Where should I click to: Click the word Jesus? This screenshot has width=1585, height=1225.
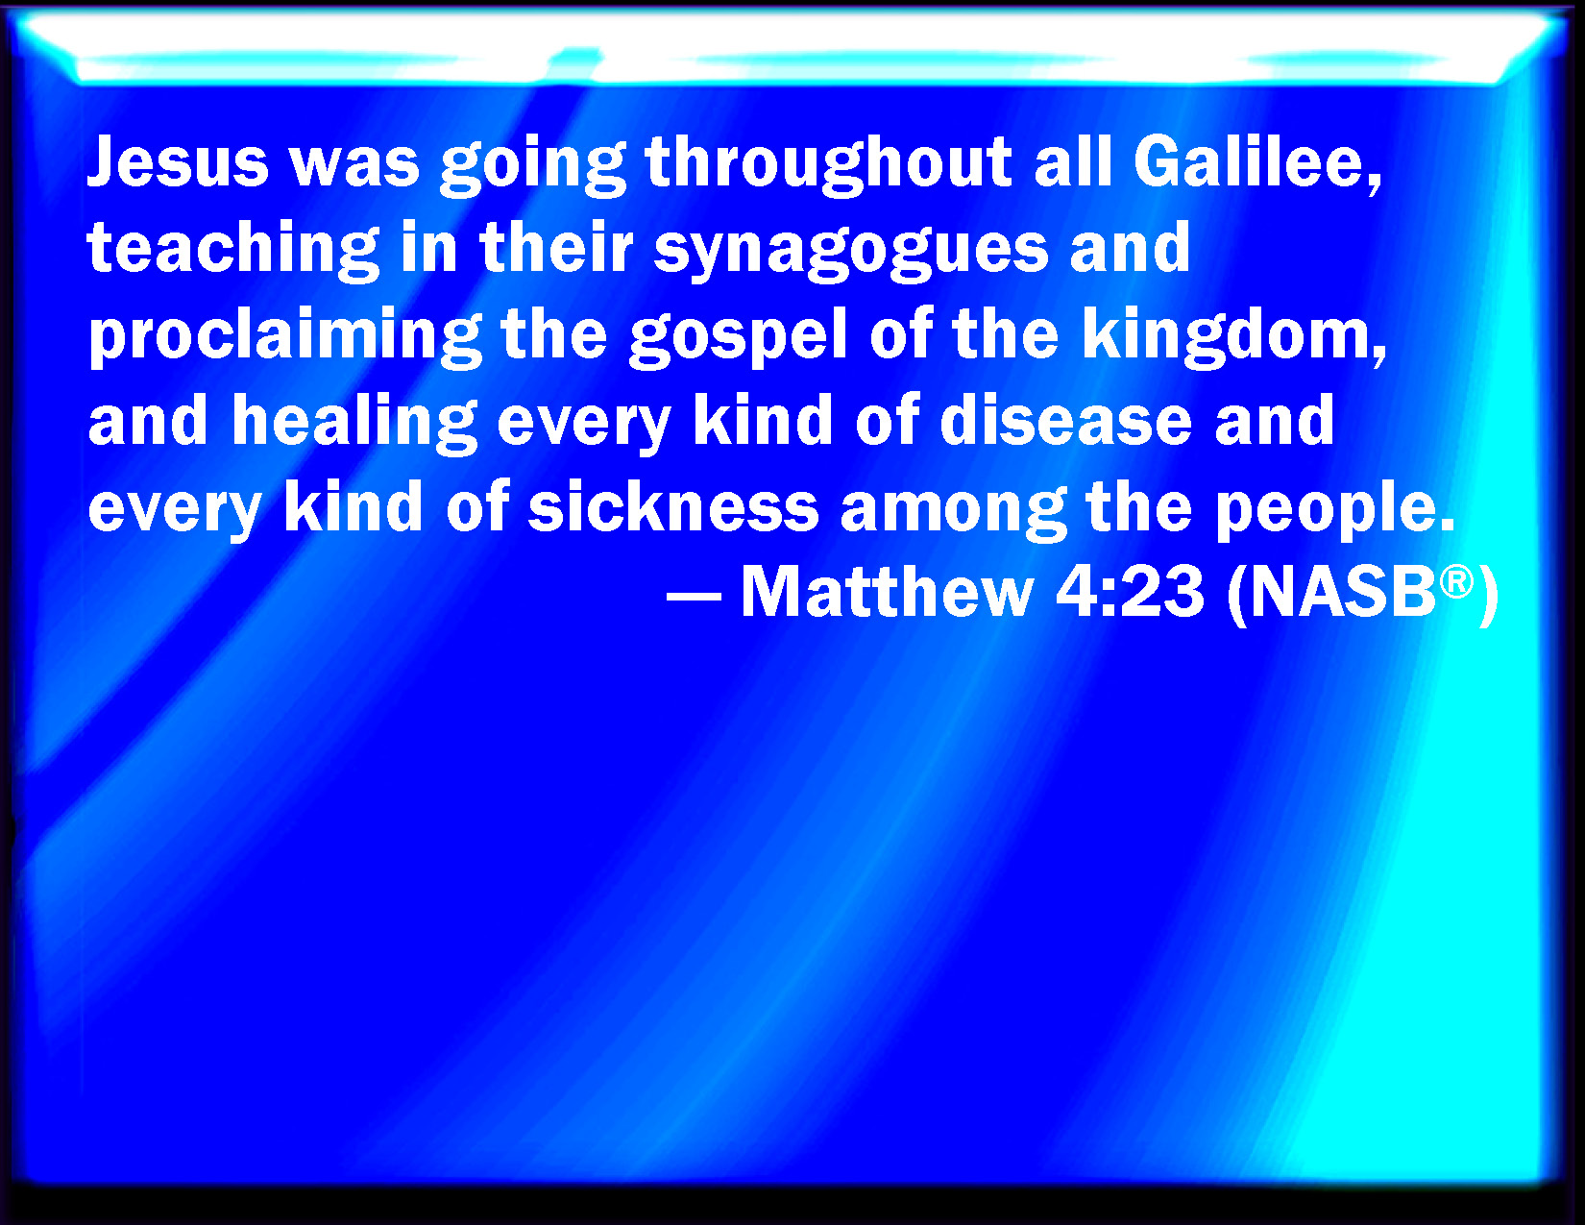(x=178, y=161)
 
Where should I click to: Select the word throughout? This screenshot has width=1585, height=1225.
(x=829, y=165)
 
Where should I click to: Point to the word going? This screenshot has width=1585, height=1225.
(x=533, y=165)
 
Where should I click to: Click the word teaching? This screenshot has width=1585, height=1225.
(x=233, y=250)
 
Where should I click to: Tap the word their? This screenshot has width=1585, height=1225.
(x=556, y=247)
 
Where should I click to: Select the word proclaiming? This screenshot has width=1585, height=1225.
(x=285, y=336)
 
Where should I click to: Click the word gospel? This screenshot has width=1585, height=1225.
(x=738, y=336)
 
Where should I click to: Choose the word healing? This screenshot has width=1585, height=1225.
(x=354, y=423)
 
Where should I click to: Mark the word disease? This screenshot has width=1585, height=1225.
(x=1065, y=420)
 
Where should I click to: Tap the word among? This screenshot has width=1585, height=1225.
(x=953, y=509)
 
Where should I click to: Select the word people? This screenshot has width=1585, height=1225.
(x=1336, y=509)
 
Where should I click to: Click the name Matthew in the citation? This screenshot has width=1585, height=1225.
(x=888, y=592)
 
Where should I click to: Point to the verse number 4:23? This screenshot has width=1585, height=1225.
(x=1130, y=593)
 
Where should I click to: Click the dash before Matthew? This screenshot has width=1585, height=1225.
(x=694, y=596)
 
